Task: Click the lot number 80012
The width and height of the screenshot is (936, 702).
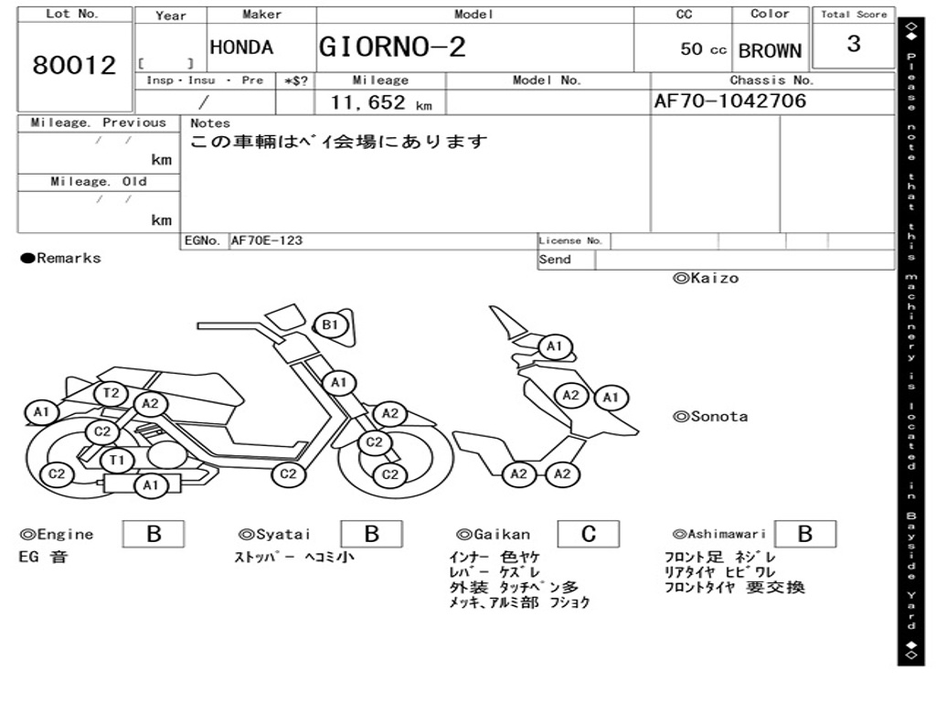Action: pyautogui.click(x=75, y=66)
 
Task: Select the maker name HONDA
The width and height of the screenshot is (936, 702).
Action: pyautogui.click(x=241, y=48)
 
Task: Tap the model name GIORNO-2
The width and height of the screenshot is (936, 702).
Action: pyautogui.click(x=392, y=47)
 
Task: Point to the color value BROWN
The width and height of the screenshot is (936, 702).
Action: pyautogui.click(x=770, y=51)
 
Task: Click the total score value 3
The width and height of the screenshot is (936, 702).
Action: pyautogui.click(x=854, y=44)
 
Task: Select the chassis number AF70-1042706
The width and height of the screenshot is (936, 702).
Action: pyautogui.click(x=730, y=101)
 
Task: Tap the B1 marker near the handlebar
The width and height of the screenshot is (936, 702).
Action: pyautogui.click(x=330, y=324)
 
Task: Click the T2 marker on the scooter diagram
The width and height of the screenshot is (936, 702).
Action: pyautogui.click(x=112, y=393)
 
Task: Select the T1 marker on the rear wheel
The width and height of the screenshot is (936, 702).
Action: pyautogui.click(x=116, y=460)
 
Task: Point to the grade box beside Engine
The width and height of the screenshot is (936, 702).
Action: pyautogui.click(x=153, y=534)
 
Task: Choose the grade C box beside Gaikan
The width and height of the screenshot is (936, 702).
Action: pyautogui.click(x=588, y=534)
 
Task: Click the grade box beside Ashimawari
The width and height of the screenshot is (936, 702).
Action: pyautogui.click(x=804, y=534)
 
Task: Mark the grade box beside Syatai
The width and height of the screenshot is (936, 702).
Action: pyautogui.click(x=371, y=534)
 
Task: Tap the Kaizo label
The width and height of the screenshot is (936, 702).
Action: pyautogui.click(x=706, y=278)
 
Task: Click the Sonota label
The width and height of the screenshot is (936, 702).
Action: pyautogui.click(x=710, y=417)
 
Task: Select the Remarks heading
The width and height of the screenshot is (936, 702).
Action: pyautogui.click(x=61, y=258)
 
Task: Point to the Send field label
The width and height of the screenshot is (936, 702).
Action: pyautogui.click(x=555, y=260)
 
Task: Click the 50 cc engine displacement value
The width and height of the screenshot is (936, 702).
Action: pyautogui.click(x=703, y=49)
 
